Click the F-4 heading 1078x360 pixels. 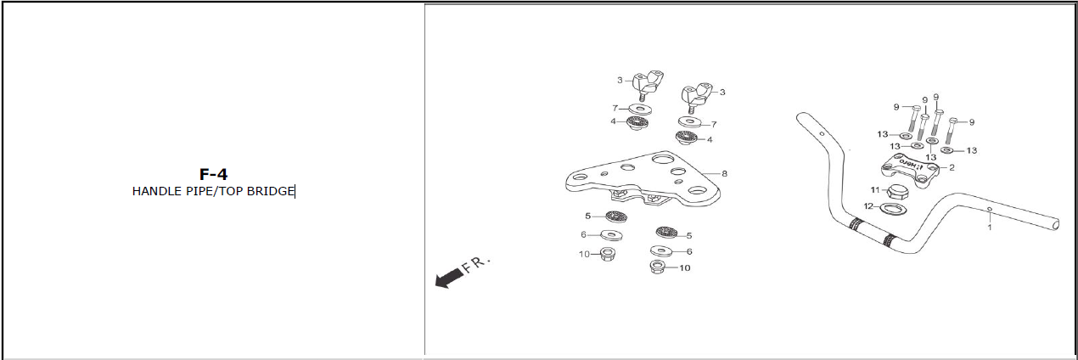(213, 174)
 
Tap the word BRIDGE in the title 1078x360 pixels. (270, 192)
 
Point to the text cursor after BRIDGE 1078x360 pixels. (295, 192)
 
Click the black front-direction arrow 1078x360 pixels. (449, 278)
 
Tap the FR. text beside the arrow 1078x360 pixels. (475, 264)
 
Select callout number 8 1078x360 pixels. (724, 174)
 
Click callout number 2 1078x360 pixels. (952, 168)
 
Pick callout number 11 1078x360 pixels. (875, 190)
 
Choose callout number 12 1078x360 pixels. (868, 206)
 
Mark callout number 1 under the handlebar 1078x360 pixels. (990, 228)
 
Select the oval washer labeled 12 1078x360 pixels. (891, 209)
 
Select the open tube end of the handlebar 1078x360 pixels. (1055, 224)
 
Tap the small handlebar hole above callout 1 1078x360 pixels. (990, 210)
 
